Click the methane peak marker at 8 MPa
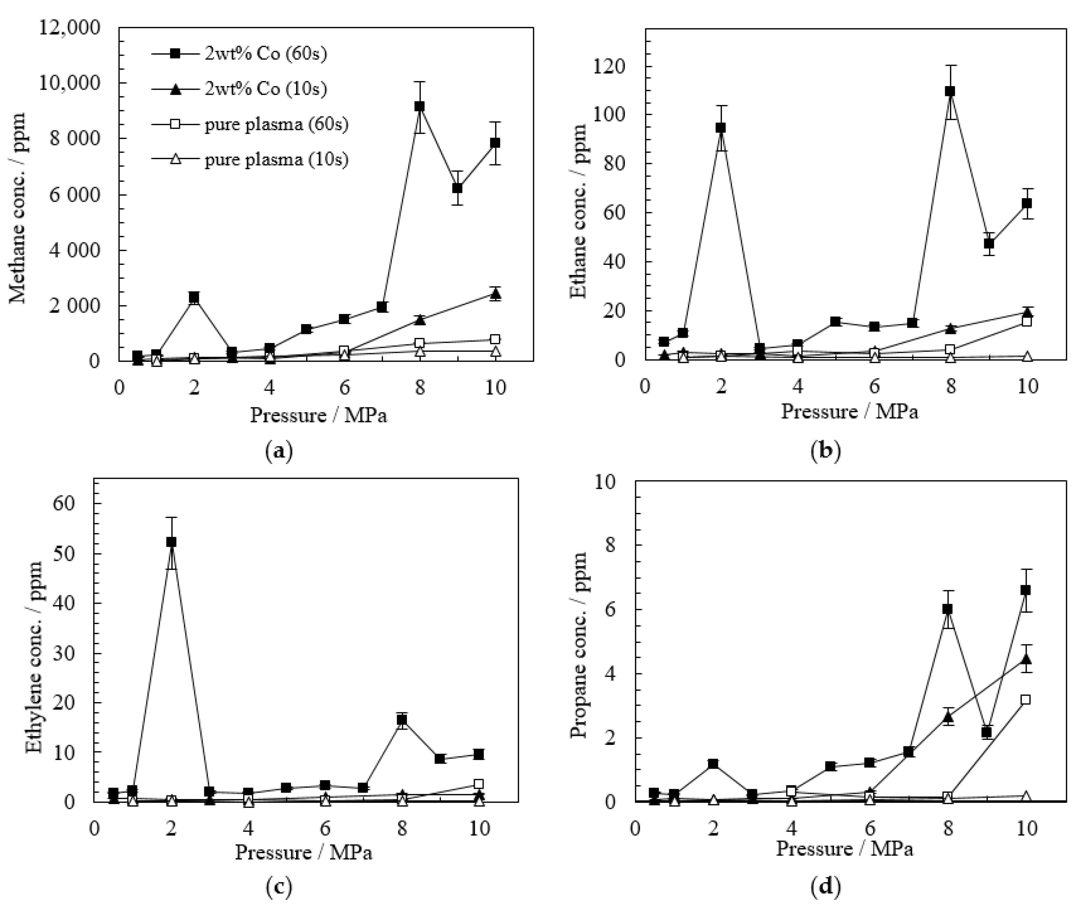click(420, 106)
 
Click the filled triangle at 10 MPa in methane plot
click(495, 295)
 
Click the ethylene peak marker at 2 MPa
click(171, 542)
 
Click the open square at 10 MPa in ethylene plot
click(479, 784)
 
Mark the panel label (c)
click(278, 887)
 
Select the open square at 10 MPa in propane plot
click(1025, 700)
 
